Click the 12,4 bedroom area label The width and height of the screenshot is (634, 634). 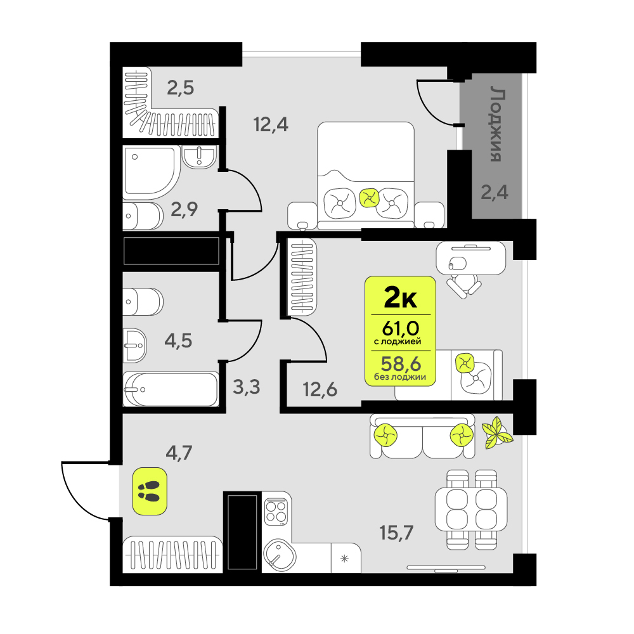pos(271,124)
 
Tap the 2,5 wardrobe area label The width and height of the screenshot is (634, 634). pos(181,87)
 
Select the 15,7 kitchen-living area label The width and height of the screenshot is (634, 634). pos(397,533)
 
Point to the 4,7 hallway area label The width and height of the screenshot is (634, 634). pos(179,453)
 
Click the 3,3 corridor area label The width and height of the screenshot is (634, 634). pos(247,387)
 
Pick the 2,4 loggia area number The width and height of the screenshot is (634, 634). pos(495,192)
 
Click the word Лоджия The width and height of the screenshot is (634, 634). pos(497,124)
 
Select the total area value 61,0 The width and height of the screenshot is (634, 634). pos(401,328)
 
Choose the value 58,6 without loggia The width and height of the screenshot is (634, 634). pos(401,364)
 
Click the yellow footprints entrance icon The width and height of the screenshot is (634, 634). pos(150,491)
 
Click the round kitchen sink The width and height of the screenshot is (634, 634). pos(280,555)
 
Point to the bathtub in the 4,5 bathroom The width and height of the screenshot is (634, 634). pos(171,389)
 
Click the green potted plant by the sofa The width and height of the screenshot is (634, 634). pos(497,433)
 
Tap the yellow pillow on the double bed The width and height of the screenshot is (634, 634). pos(369,198)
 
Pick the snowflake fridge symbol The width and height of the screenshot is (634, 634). pos(344,559)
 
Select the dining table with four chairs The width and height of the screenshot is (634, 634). pos(471,510)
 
